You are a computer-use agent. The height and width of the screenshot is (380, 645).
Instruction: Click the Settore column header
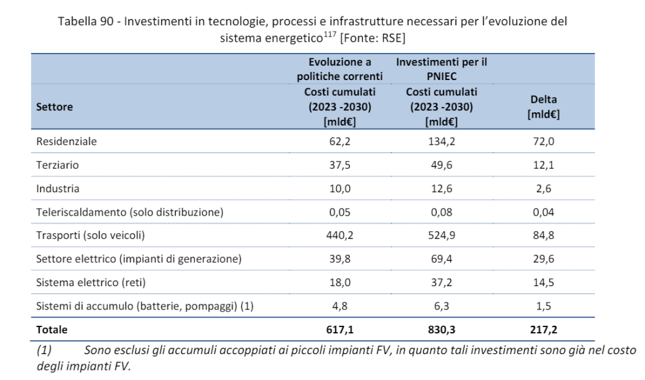click(x=54, y=107)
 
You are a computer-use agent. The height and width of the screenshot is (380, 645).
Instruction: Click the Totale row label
click(x=51, y=329)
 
